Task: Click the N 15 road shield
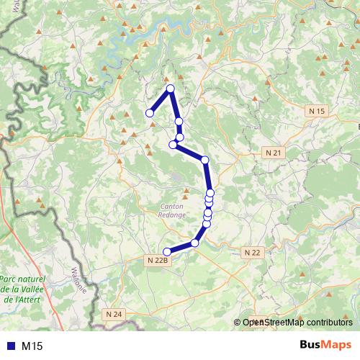tap(316, 111)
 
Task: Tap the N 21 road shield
tap(272, 153)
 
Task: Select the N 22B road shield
tap(157, 260)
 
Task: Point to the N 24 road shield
tap(114, 314)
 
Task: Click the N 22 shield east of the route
tap(251, 253)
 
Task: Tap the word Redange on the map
tap(173, 215)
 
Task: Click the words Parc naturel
tap(22, 279)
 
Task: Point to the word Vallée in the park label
tap(32, 288)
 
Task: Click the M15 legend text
tap(32, 346)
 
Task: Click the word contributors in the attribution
tap(328, 323)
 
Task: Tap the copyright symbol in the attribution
tap(238, 323)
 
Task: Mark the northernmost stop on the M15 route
tap(171, 89)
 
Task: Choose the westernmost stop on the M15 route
tap(150, 113)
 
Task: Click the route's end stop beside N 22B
tap(167, 251)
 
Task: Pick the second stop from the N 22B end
tap(194, 243)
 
